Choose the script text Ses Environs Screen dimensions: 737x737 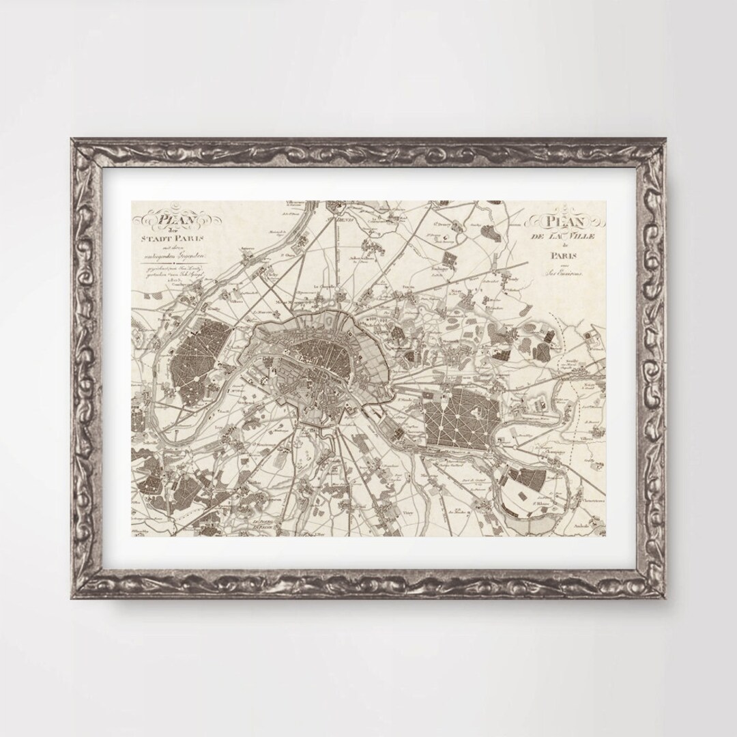564,274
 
